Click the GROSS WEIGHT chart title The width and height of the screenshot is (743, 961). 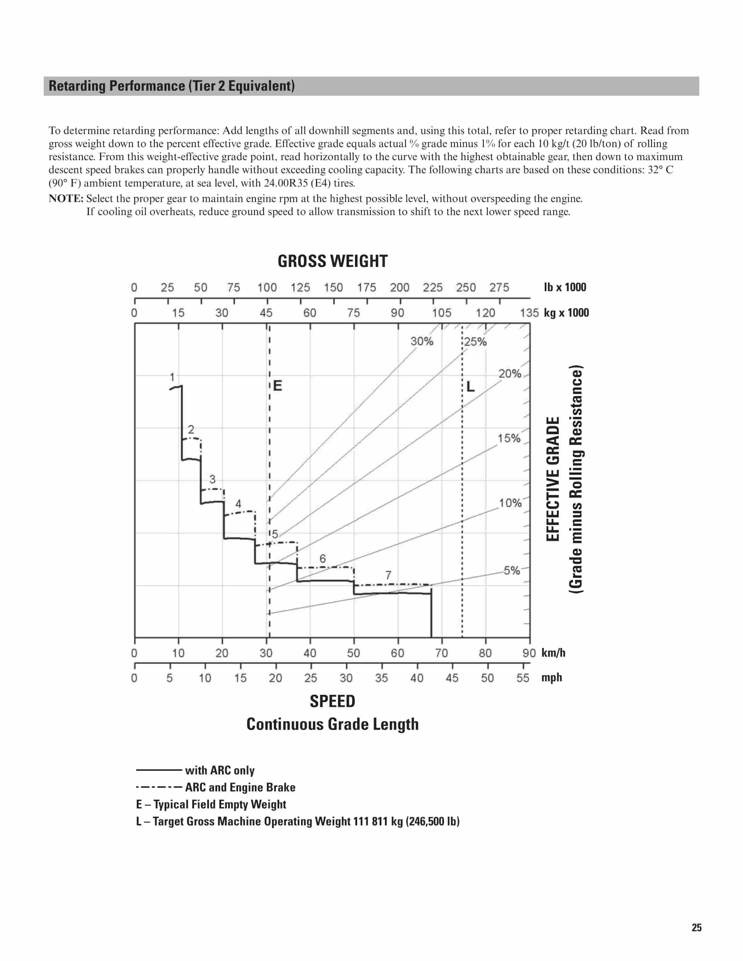pos(332,261)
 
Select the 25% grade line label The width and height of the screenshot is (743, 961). pos(475,342)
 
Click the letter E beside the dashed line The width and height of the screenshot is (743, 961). pos(277,386)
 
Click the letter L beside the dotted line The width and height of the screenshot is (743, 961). pos(470,387)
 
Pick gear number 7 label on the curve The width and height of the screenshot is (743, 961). pos(388,575)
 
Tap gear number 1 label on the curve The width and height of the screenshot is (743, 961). pos(172,377)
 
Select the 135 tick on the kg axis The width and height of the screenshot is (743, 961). pos(529,313)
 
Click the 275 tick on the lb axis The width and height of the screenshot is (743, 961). pos(499,288)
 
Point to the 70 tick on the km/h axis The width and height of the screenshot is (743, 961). pos(442,653)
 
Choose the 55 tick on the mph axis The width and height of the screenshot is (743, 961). pos(522,678)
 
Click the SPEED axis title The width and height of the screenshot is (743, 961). pos(332,701)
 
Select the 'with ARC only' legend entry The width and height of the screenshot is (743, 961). pos(220,770)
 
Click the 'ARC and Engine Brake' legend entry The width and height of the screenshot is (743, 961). pos(240,787)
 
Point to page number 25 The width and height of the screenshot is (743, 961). pos(696,928)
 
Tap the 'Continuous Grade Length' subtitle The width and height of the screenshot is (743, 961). pos(332,724)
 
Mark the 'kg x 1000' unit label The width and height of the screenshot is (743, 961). pos(566,313)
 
